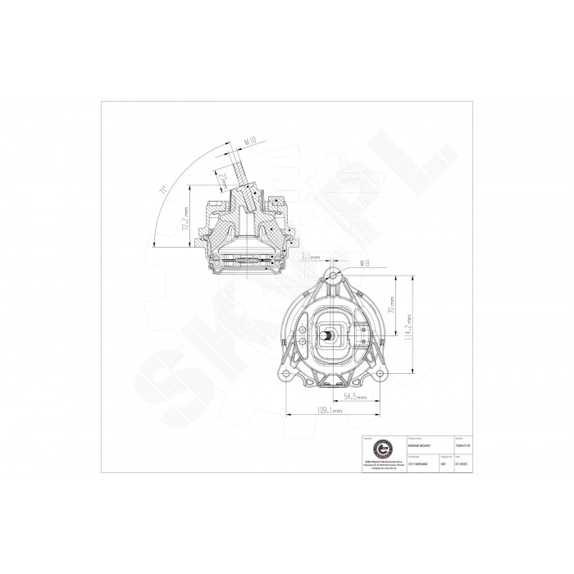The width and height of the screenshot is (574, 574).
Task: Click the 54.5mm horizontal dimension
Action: pyautogui.click(x=354, y=396)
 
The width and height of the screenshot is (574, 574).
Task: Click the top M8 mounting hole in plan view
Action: pyautogui.click(x=334, y=277)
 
